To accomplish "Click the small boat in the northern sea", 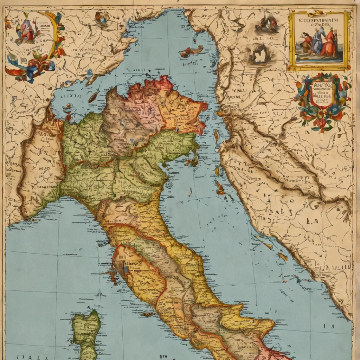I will (192, 51).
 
